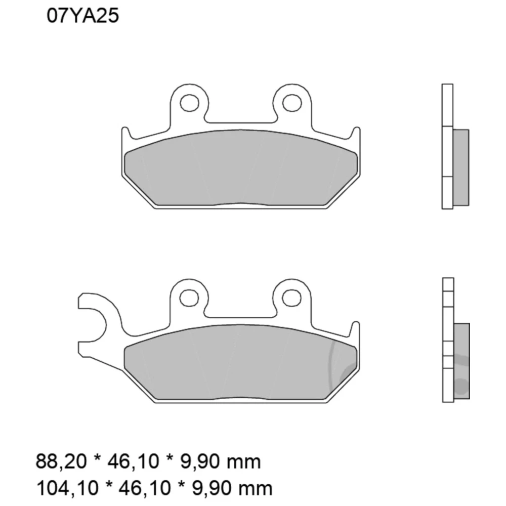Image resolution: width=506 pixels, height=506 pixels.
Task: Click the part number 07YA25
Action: click(x=83, y=16)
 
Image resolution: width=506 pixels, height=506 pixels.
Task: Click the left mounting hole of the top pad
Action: click(x=189, y=103)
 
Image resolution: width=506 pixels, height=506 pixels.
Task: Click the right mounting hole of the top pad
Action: click(x=292, y=103)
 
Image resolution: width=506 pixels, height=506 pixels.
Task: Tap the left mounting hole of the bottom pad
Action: click(x=189, y=297)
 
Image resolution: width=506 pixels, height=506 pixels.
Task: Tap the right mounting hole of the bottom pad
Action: click(x=292, y=297)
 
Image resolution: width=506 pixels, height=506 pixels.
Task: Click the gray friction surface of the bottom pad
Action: click(x=240, y=364)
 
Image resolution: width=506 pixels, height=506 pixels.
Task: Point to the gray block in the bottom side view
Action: click(x=461, y=360)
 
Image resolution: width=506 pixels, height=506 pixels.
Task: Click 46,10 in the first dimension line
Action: click(x=136, y=461)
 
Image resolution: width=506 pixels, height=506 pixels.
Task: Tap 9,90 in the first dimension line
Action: click(x=203, y=461)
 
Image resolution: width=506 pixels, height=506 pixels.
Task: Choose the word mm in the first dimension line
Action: click(x=246, y=461)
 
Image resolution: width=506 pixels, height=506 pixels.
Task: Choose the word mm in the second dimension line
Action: click(x=257, y=488)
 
